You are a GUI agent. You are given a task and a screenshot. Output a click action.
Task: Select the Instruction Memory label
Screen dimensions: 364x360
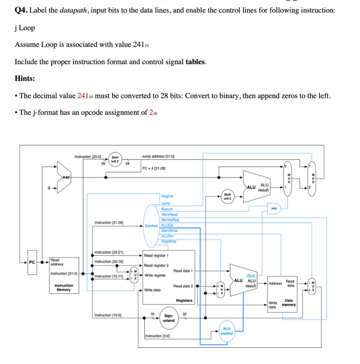pyautogui.click(x=64, y=288)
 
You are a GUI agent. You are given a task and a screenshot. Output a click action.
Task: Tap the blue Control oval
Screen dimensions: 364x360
pyautogui.click(x=151, y=226)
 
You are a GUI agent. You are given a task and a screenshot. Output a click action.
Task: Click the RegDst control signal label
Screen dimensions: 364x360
pyautogui.click(x=167, y=196)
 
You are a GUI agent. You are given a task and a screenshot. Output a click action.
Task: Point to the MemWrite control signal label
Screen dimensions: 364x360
pyautogui.click(x=169, y=231)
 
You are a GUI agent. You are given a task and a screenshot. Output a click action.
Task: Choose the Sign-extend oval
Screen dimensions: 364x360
pyautogui.click(x=169, y=318)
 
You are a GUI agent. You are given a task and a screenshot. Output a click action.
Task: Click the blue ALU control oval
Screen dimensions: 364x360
pyautogui.click(x=227, y=331)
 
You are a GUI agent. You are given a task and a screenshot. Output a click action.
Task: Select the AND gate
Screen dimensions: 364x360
pyautogui.click(x=274, y=209)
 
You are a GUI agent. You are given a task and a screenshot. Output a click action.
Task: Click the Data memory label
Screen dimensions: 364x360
pyautogui.click(x=288, y=303)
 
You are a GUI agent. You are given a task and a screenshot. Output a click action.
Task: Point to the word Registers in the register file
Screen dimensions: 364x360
pyautogui.click(x=184, y=301)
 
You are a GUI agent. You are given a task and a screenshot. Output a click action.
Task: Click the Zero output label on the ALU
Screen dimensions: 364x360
pyautogui.click(x=251, y=276)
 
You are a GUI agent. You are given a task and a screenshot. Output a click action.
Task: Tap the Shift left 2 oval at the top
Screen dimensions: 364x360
pyautogui.click(x=115, y=159)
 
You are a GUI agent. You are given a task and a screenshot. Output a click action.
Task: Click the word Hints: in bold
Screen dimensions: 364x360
pyautogui.click(x=25, y=79)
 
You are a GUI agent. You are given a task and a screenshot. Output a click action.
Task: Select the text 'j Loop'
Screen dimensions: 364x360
pyautogui.click(x=25, y=28)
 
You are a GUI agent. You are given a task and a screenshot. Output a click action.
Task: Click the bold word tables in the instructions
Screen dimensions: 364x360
pyautogui.click(x=195, y=62)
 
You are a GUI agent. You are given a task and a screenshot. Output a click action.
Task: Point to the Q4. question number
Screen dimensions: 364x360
pyautogui.click(x=21, y=10)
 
